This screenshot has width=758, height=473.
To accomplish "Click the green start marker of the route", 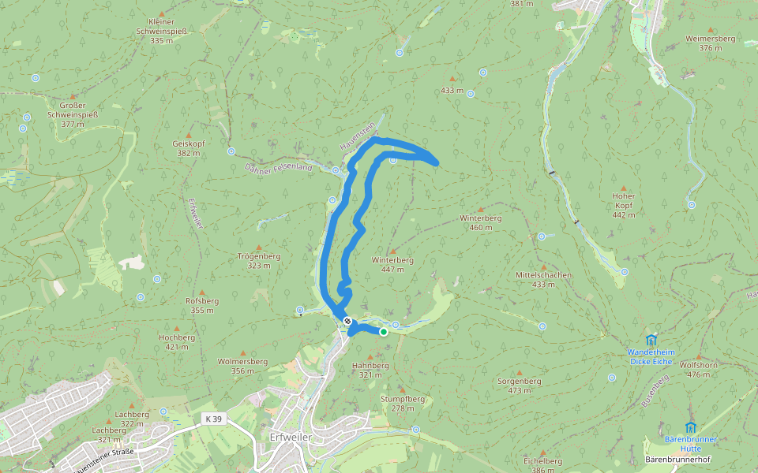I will (x=384, y=332).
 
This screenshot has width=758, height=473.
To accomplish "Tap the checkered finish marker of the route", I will (x=347, y=321).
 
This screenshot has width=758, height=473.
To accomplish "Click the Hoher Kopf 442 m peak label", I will (x=624, y=205).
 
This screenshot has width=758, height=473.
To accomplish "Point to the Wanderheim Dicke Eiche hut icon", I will (x=651, y=340).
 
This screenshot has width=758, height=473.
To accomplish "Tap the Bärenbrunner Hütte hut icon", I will (x=690, y=427).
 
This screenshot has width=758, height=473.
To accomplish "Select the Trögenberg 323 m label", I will (x=259, y=261).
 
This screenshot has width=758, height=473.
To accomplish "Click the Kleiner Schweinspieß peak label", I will (x=161, y=31).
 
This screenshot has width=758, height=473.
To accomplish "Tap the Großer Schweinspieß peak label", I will (x=72, y=114).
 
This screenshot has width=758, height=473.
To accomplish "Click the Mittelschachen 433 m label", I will (x=543, y=279).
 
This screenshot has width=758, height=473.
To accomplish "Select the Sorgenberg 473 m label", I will (x=520, y=385).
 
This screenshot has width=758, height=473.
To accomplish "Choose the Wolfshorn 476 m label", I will (x=698, y=370).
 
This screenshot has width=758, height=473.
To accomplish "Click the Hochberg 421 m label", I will (x=177, y=341).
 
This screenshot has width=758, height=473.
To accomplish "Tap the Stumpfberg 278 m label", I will (x=403, y=403).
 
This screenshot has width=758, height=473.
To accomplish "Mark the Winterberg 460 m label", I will (x=481, y=222).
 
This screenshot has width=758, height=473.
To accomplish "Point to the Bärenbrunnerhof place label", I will (x=678, y=459).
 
